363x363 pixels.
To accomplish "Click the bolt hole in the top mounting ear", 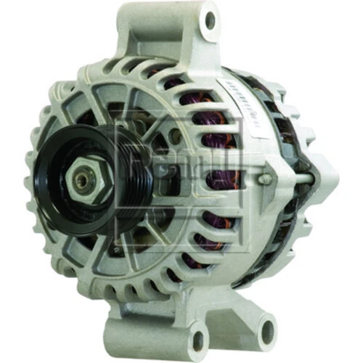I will (211, 20).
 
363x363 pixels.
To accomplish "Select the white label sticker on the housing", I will (247, 105).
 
